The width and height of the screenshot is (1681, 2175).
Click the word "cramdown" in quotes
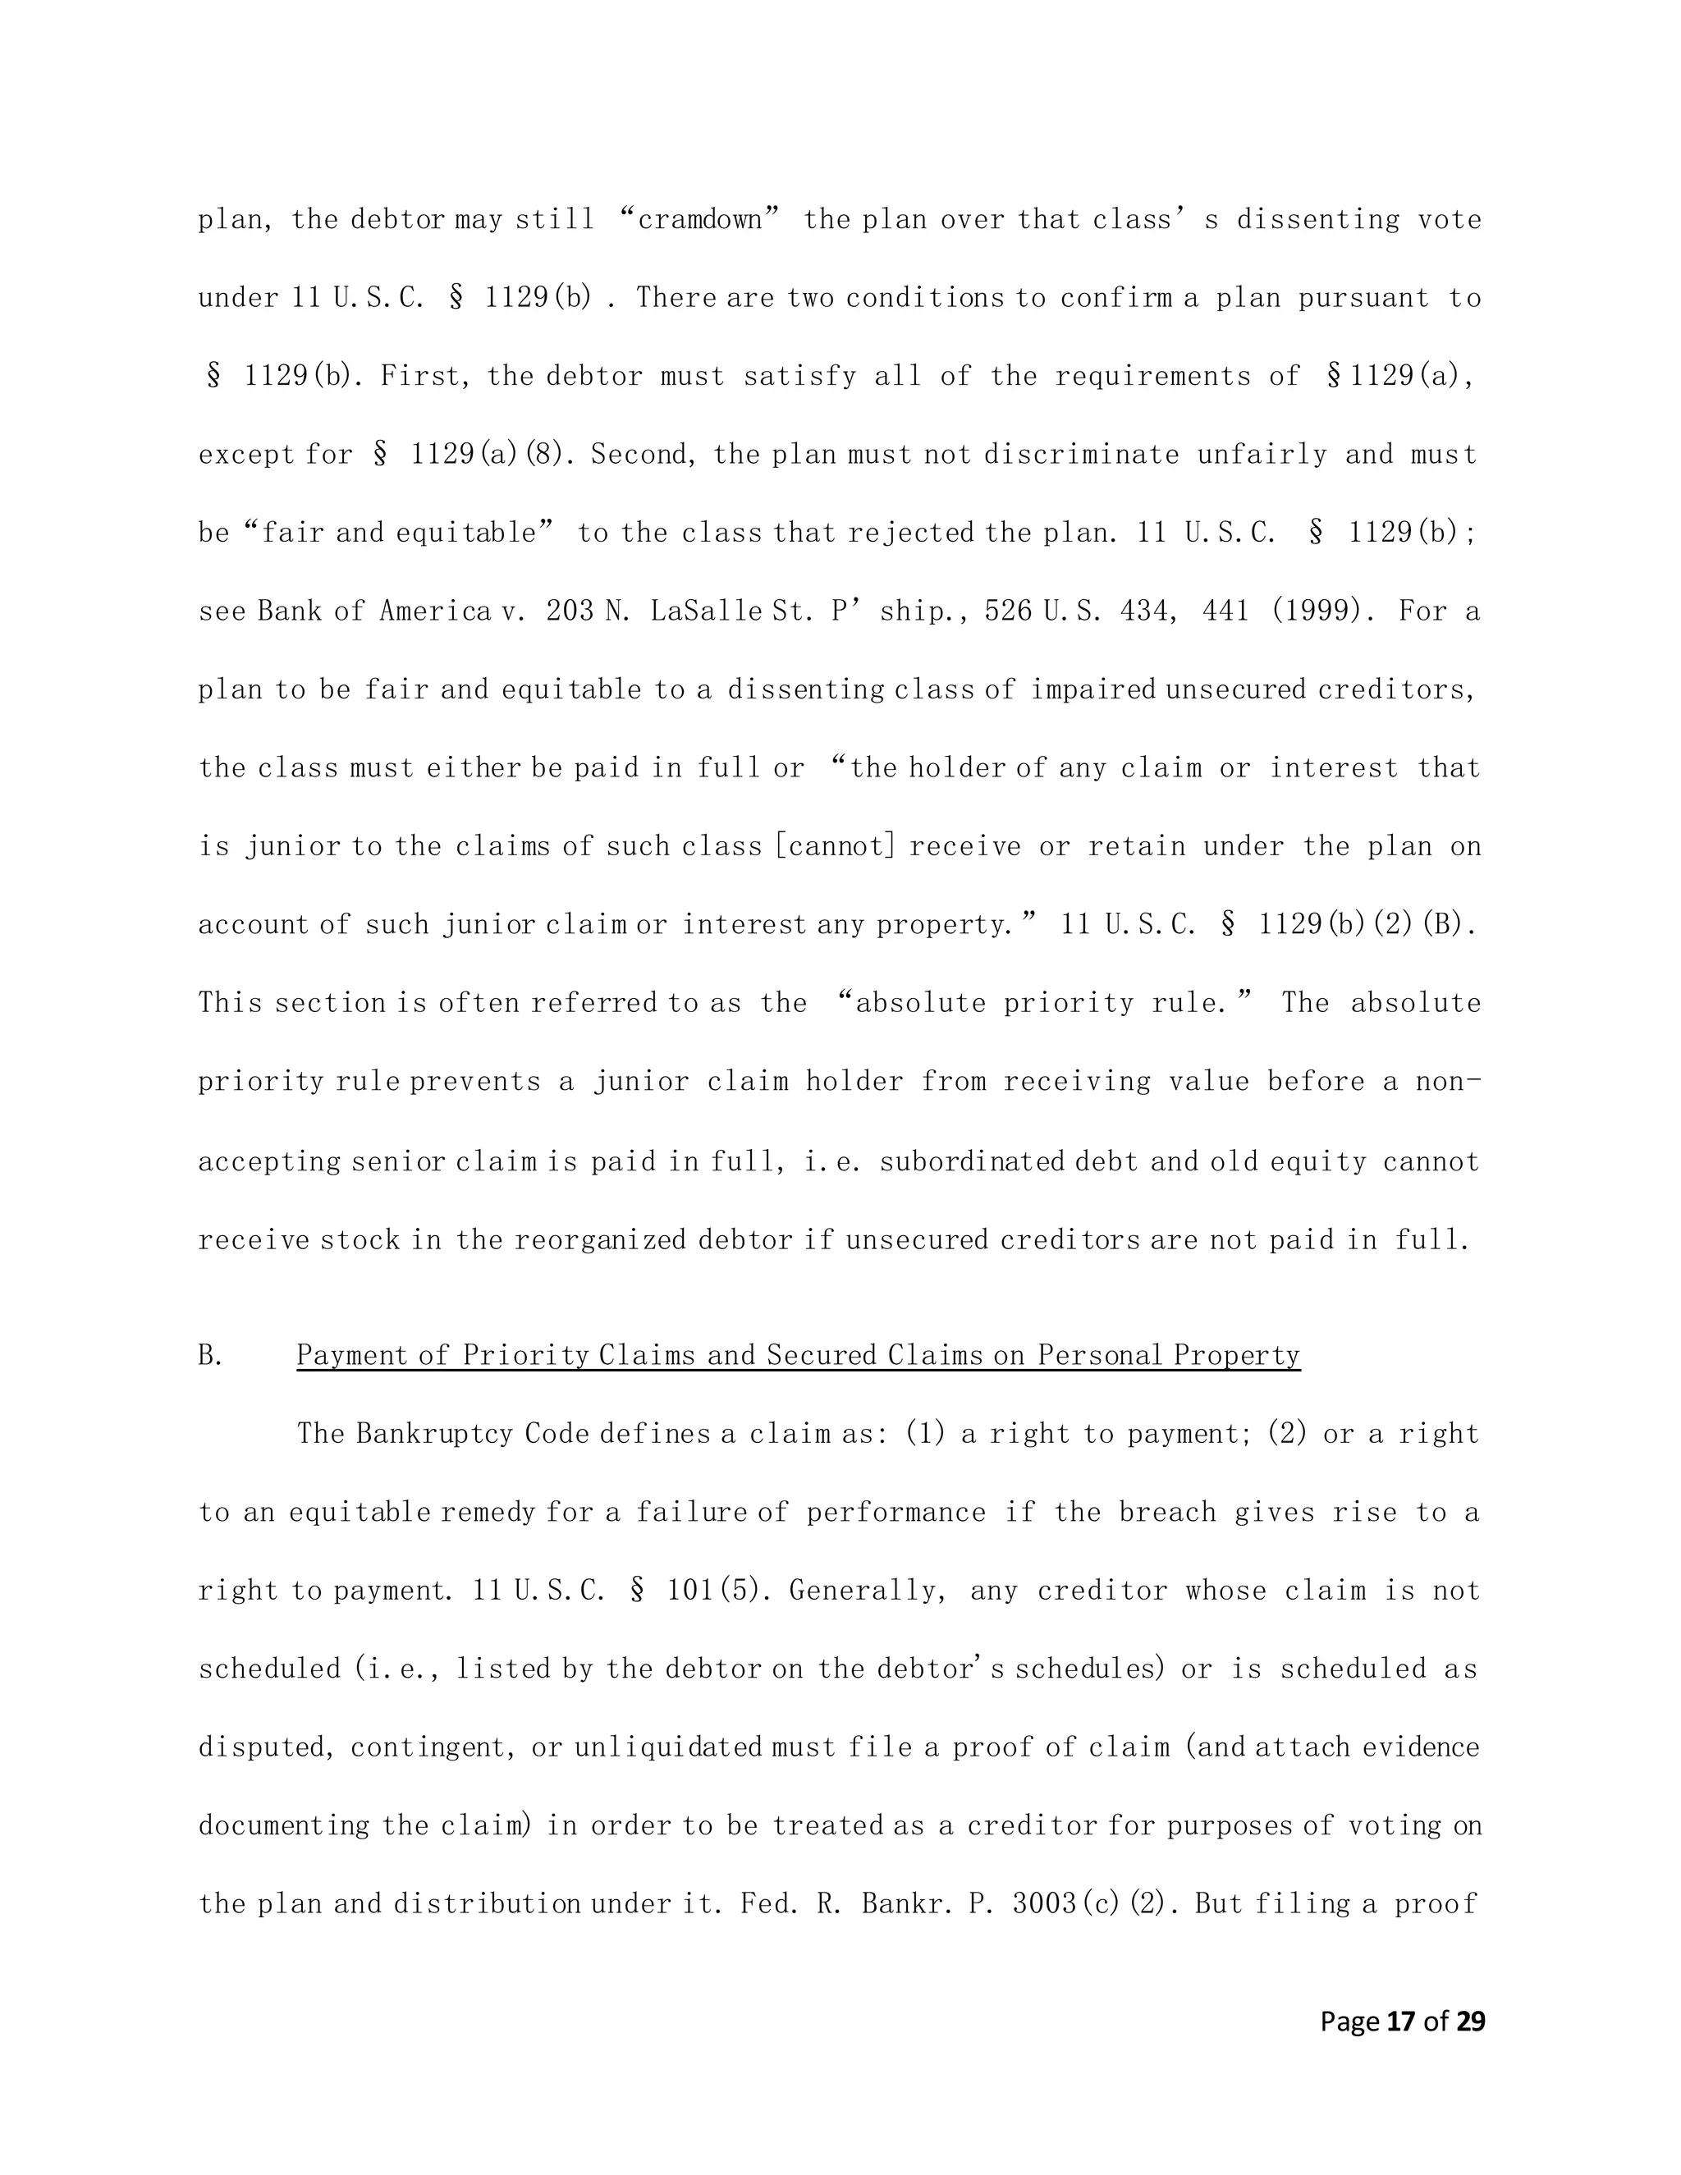(x=699, y=219)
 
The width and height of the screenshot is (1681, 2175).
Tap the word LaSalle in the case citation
(x=708, y=611)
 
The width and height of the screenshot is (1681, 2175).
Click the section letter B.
(x=210, y=1355)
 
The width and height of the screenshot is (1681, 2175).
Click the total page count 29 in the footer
(x=1470, y=2021)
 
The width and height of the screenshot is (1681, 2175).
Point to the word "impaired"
(x=1092, y=689)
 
